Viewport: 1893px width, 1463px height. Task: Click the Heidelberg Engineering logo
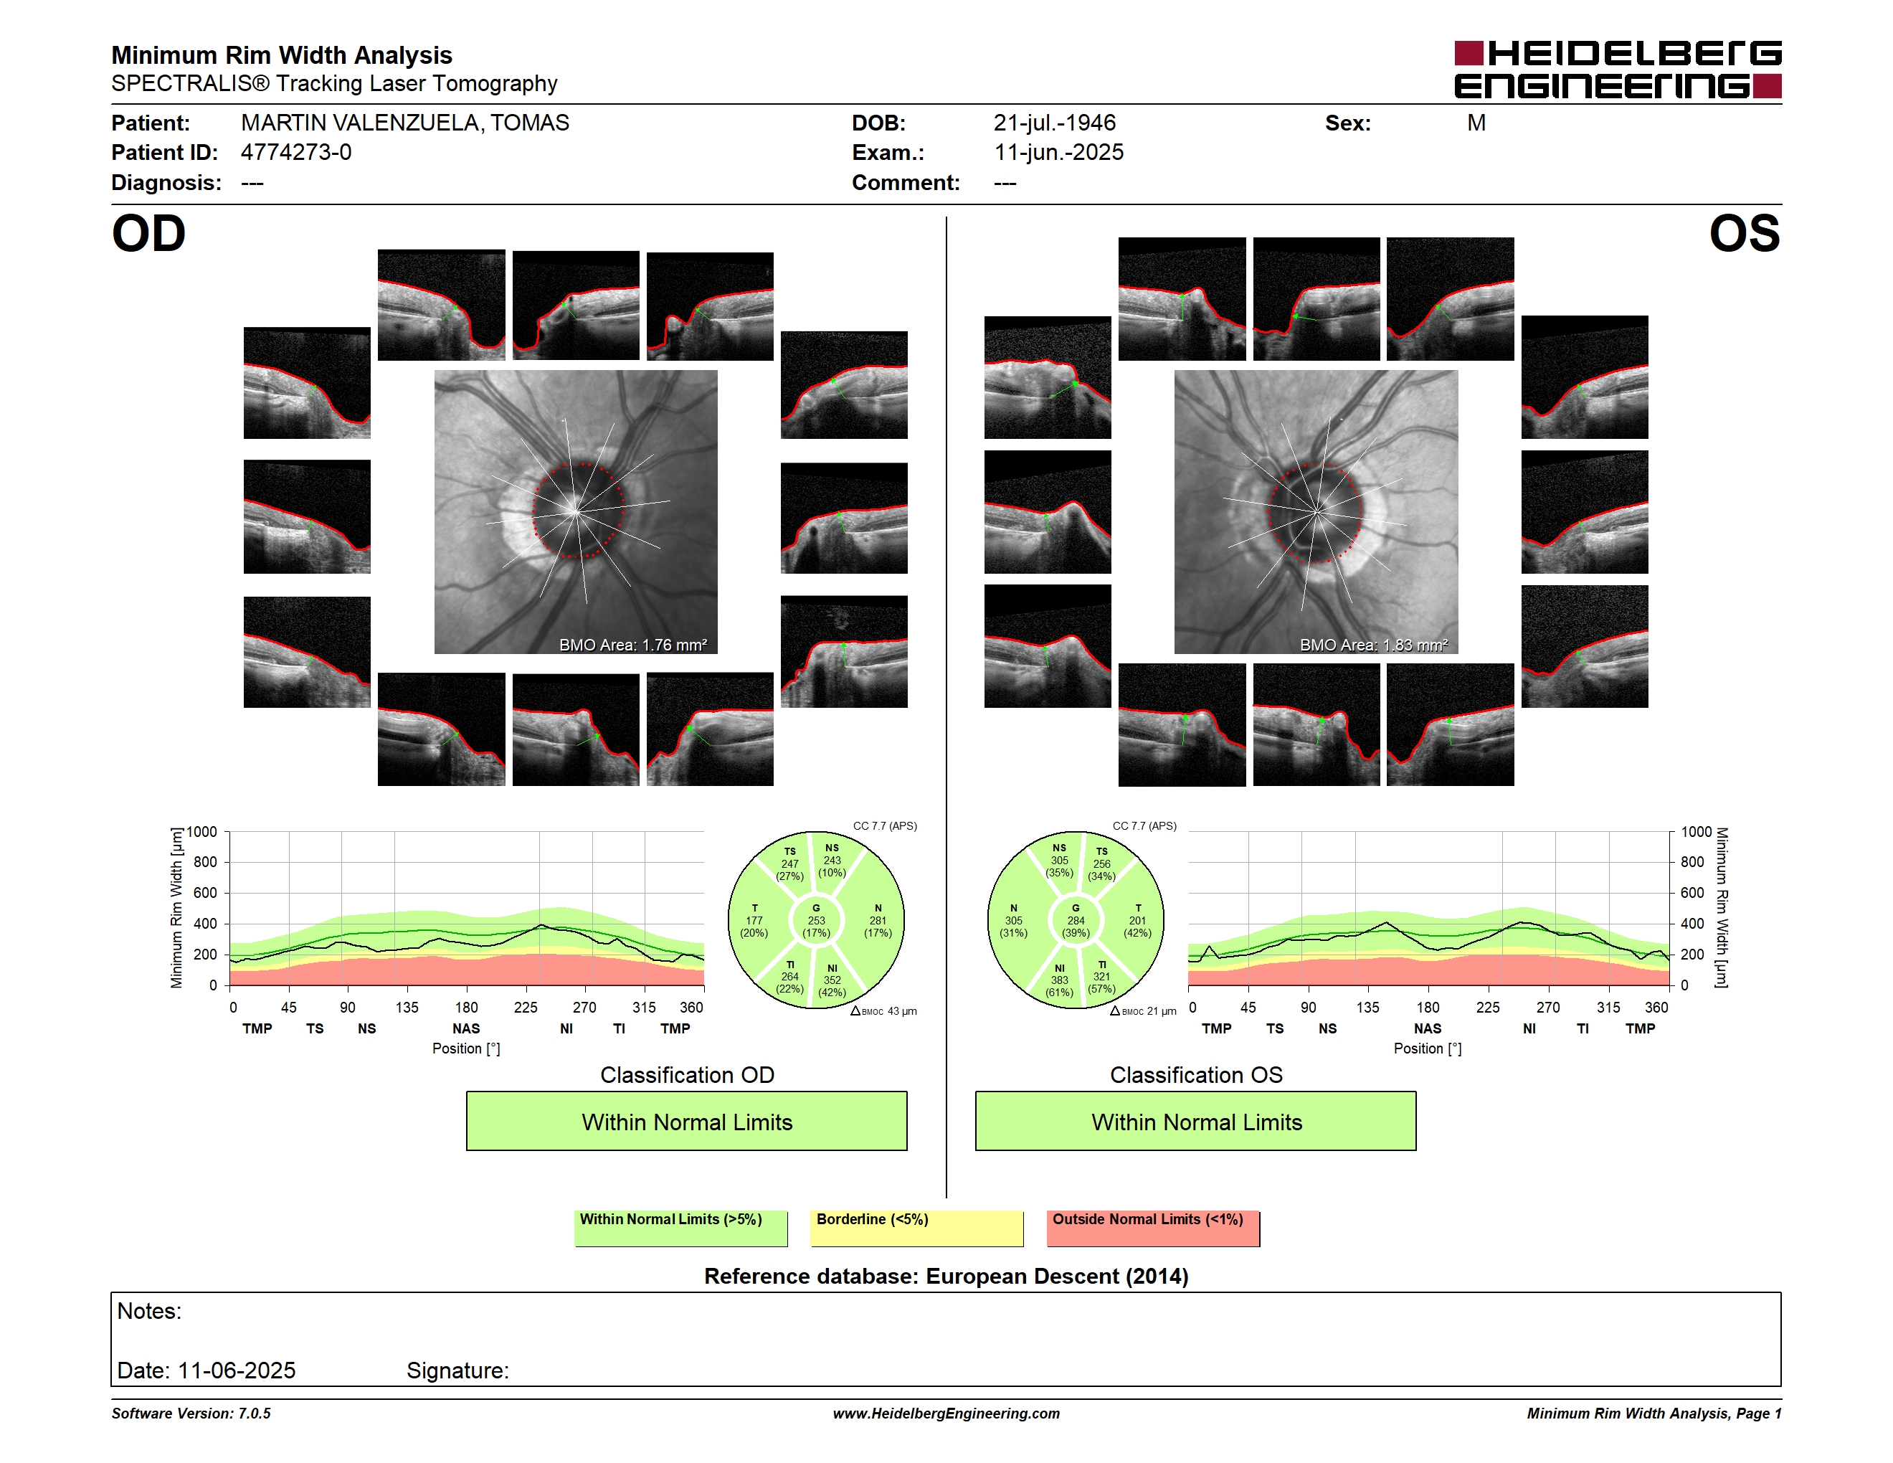point(1618,70)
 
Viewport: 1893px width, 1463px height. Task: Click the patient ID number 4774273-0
point(295,153)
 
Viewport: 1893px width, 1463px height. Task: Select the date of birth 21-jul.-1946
point(1054,123)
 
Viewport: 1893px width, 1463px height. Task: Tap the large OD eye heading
point(148,234)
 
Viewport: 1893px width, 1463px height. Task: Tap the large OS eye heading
point(1744,234)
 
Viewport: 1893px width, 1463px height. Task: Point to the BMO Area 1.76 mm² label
point(632,645)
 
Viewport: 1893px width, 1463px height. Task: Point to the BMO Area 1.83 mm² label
point(1373,645)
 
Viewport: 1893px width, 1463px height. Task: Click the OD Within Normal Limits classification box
point(686,1121)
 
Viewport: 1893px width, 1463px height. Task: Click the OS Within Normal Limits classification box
point(1196,1121)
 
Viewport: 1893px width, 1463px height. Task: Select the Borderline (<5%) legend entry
point(916,1228)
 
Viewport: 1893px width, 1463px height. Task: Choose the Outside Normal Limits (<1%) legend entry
point(1153,1228)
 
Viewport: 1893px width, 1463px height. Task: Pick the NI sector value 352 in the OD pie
point(832,980)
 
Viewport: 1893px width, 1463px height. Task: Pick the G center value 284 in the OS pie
point(1076,920)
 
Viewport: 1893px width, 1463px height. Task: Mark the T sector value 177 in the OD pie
point(754,920)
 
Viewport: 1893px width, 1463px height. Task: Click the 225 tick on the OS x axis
point(1487,1007)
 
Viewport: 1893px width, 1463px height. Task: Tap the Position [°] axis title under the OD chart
point(466,1048)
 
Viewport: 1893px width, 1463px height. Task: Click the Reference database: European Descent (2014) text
point(946,1277)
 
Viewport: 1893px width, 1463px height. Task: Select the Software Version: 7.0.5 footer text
point(191,1414)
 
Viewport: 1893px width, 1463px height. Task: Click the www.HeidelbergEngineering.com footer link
point(946,1414)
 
